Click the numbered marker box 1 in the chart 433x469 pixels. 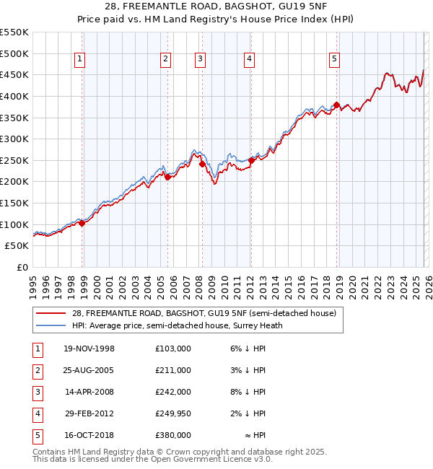(79, 59)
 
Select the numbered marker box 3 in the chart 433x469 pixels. (200, 59)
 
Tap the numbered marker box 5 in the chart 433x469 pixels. (335, 59)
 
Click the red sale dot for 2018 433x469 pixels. (337, 105)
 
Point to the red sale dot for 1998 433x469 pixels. (82, 223)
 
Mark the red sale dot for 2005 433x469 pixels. (167, 177)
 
